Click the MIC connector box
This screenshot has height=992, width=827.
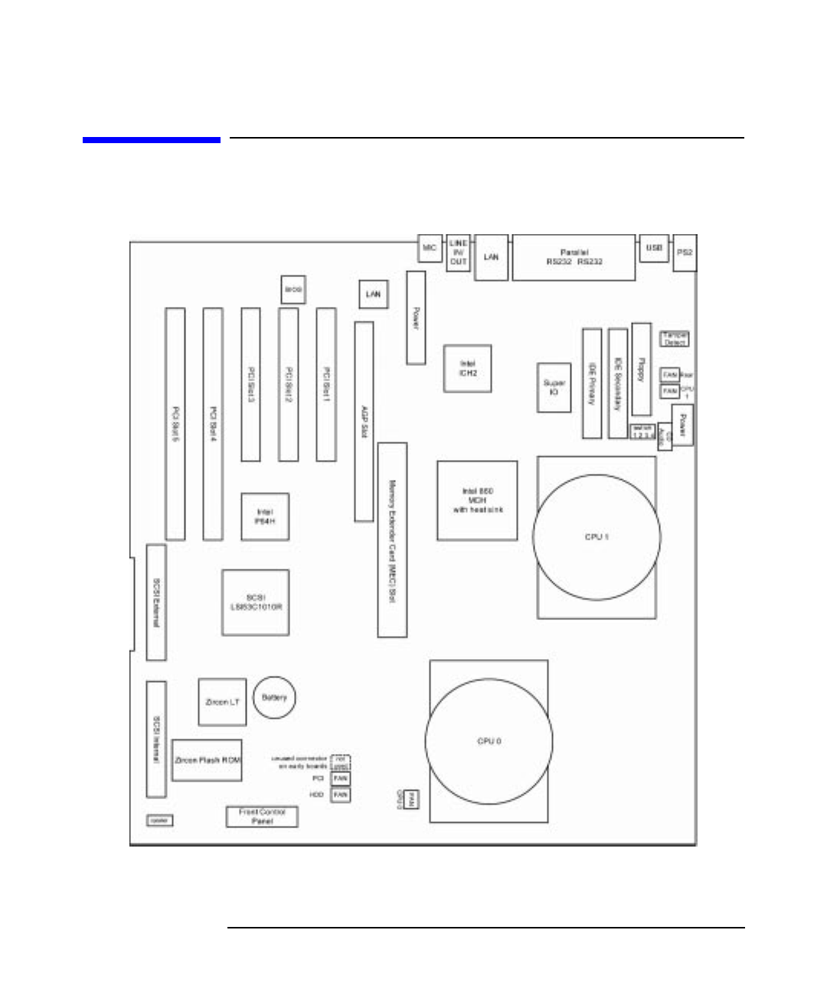(x=430, y=248)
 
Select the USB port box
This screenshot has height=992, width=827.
(x=654, y=248)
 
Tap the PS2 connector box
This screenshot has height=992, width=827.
(x=685, y=253)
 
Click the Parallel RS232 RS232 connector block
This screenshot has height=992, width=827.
(x=574, y=257)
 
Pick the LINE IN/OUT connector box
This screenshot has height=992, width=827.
(x=458, y=253)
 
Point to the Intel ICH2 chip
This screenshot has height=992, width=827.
(x=467, y=368)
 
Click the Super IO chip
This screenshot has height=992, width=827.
(x=554, y=387)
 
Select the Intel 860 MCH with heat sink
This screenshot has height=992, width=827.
(x=477, y=501)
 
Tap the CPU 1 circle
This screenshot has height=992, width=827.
(x=597, y=537)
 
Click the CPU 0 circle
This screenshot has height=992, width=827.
(x=489, y=741)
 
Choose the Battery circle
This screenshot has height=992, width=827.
(x=274, y=697)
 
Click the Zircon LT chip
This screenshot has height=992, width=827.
(x=222, y=702)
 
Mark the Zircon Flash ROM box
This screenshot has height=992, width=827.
(x=207, y=760)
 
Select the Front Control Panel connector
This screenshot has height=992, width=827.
(x=262, y=817)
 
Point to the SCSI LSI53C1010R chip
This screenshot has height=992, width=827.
(x=256, y=602)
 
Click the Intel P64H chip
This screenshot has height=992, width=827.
(x=265, y=517)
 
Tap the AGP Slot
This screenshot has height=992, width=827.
(x=364, y=421)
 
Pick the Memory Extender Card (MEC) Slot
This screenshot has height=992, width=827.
(x=392, y=540)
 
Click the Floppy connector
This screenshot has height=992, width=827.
(x=641, y=369)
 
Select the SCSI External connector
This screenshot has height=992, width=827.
(x=156, y=602)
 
